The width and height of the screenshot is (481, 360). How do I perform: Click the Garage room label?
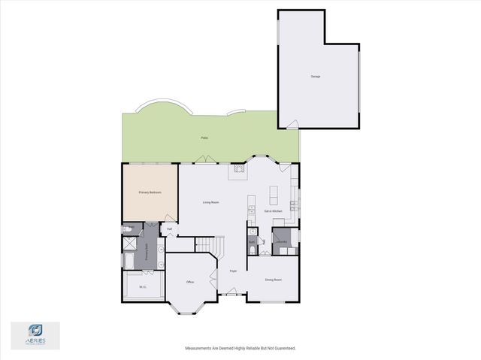[x=315, y=77]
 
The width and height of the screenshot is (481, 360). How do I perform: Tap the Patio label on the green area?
[x=204, y=138]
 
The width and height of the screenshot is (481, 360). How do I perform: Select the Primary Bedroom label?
[x=150, y=193]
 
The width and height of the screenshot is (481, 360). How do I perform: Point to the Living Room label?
[x=210, y=202]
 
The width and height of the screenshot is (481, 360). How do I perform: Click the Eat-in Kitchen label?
[x=272, y=211]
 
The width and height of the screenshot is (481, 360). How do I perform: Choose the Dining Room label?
[x=273, y=280]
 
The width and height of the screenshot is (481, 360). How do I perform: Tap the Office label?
[x=190, y=282]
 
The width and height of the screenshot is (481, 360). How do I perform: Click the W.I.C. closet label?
[x=143, y=286]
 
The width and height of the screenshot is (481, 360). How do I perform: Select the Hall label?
[x=170, y=228]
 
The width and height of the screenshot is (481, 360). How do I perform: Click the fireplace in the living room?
[x=239, y=171]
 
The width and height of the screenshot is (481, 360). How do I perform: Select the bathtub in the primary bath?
[x=129, y=260]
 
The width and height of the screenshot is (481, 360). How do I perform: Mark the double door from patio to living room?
[x=203, y=159]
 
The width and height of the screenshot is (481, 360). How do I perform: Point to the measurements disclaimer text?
[x=240, y=348]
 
